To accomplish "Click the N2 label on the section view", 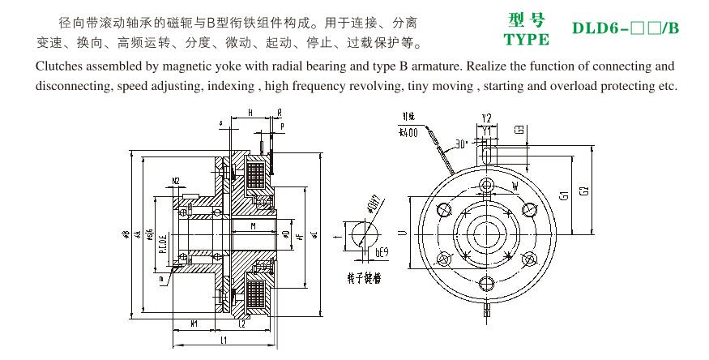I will tap(175, 179).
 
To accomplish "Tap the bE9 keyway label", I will tap(382, 254).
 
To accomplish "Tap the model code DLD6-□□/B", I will tap(625, 29).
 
